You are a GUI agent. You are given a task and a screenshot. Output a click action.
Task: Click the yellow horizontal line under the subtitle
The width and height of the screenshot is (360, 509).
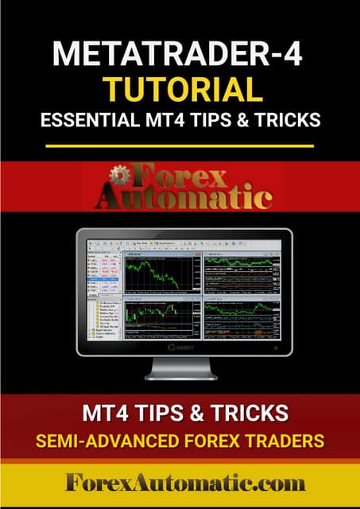point(180,146)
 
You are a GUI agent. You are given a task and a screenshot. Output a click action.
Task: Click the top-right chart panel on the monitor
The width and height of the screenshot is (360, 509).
point(241,275)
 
